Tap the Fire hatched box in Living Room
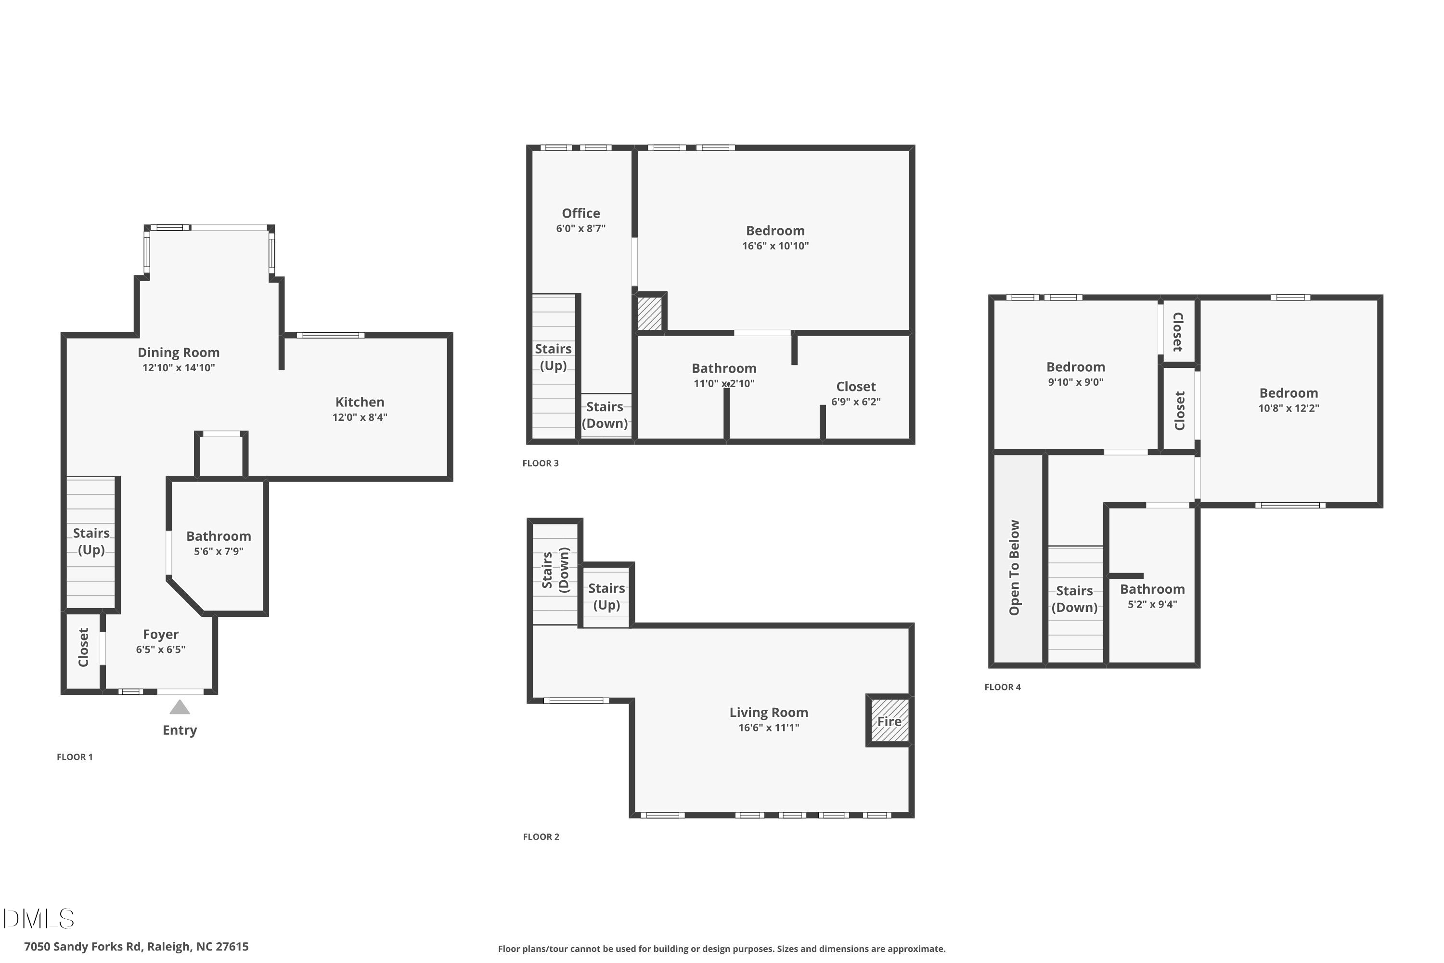tap(889, 720)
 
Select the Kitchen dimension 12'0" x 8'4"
tap(360, 417)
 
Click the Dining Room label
tap(178, 352)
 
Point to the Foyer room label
tap(161, 635)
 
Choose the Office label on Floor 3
tap(581, 213)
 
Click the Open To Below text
tap(1014, 568)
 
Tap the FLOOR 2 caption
tap(541, 836)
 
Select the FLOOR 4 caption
tap(1003, 687)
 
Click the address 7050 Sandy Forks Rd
tap(136, 947)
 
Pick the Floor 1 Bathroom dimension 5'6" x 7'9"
tap(219, 551)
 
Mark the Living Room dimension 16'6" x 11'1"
tap(769, 727)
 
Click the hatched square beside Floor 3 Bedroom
tap(649, 313)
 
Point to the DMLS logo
tap(38, 919)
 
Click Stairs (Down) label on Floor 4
tap(1074, 599)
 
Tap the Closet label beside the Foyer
tap(83, 647)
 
